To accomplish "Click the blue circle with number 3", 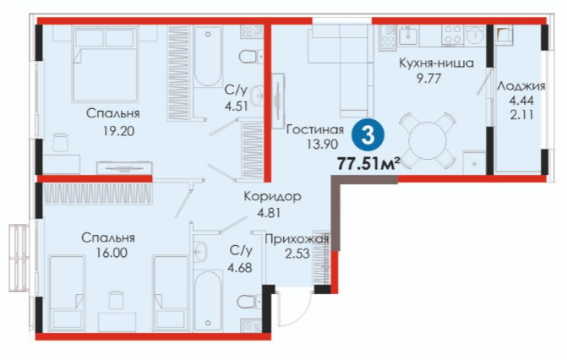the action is coord(368,137).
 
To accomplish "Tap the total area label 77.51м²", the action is coord(368,164).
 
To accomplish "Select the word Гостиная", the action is coord(314,129).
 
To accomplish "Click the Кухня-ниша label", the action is coord(436,63).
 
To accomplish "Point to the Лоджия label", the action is coord(521,86).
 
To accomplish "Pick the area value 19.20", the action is coord(118,131).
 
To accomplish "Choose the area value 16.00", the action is coord(112,252).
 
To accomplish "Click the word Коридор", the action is coord(272,196).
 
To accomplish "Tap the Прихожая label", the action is coord(297,239).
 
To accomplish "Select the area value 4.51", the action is coord(236,106).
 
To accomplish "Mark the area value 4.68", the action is coord(240,268).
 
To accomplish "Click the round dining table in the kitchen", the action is coord(428,141).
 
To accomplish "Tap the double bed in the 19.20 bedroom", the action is coord(106,64).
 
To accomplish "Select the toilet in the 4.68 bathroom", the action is coord(248,302).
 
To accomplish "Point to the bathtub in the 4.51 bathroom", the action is coord(208,57).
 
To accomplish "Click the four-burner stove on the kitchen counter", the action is coord(452,35).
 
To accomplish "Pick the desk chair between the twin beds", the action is coord(116,299).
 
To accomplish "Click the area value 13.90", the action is coord(322,145).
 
